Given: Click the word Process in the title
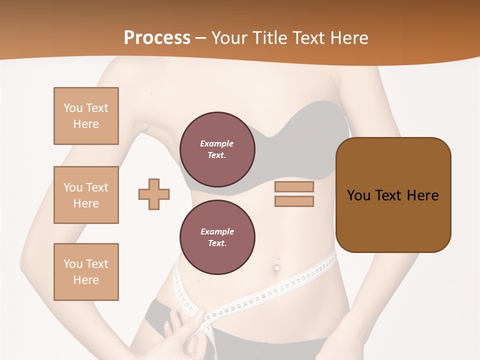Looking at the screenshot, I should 157,38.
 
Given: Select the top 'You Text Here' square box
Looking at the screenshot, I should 86,116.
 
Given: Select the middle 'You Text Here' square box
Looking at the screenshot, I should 86,195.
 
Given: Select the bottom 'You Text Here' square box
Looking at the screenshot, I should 86,272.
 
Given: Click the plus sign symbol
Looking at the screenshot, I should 154,194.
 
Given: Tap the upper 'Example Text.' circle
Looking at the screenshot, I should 217,149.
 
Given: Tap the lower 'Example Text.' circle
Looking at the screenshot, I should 217,237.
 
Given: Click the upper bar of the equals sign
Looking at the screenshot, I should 294,187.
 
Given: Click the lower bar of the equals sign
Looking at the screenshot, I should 294,201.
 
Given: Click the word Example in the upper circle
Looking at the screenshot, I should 216,143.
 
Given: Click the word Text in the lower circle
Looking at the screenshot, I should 216,243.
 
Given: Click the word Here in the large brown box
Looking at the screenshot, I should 422,195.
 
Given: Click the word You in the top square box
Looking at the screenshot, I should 72,108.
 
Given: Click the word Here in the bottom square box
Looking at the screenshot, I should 86,280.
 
